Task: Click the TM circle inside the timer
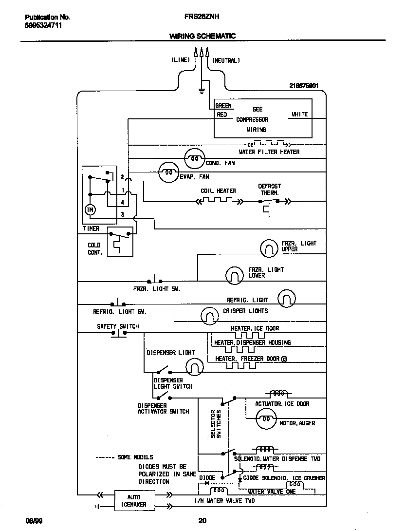(x=90, y=209)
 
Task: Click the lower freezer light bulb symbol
(x=234, y=275)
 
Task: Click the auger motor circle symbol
(x=266, y=419)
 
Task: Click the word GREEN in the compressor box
(x=223, y=105)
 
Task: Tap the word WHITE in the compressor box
(x=299, y=114)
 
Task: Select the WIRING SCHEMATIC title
(x=202, y=36)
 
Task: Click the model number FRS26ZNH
(x=202, y=16)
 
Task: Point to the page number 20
(x=202, y=521)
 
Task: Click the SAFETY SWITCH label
(x=118, y=326)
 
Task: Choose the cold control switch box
(x=120, y=241)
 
